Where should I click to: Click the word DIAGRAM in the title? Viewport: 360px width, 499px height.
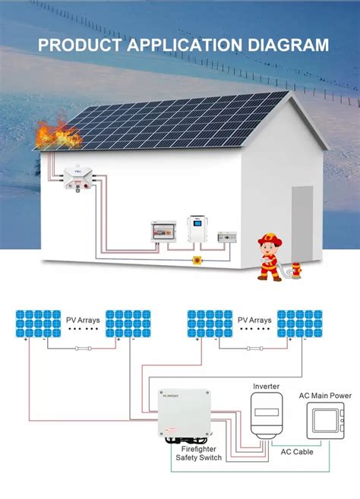(x=287, y=45)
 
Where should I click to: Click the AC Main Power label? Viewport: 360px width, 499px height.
(x=324, y=395)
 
